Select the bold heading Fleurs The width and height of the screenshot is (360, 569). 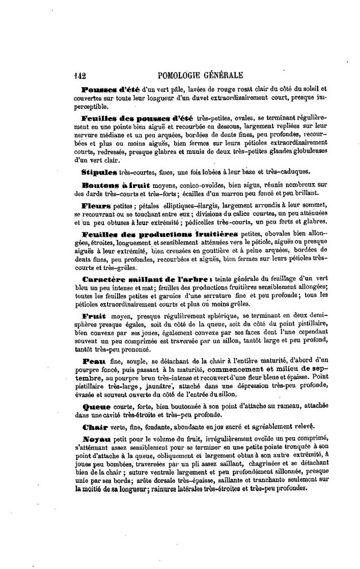pos(96,207)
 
